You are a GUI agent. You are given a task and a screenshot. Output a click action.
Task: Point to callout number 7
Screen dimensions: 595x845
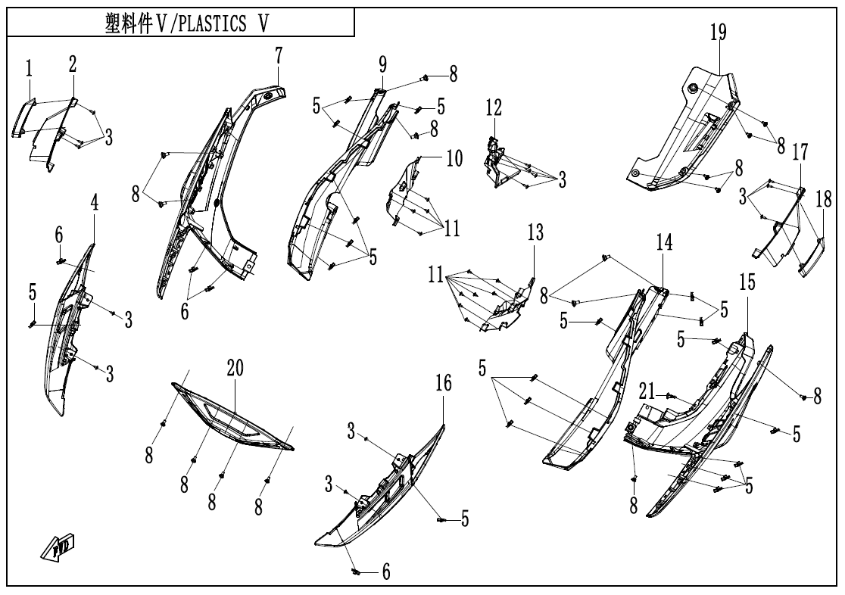279,55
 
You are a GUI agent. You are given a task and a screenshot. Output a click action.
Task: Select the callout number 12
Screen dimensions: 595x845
494,108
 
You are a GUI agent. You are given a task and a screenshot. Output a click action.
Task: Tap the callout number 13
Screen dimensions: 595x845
535,233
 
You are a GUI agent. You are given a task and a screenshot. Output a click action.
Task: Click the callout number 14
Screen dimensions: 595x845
664,243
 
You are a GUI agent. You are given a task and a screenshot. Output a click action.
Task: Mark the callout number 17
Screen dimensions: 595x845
800,154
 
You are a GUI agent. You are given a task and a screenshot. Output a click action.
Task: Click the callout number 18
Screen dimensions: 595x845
823,200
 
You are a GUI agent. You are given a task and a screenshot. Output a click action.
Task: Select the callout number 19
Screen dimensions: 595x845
718,33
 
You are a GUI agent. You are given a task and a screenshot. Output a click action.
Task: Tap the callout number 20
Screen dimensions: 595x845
235,368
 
